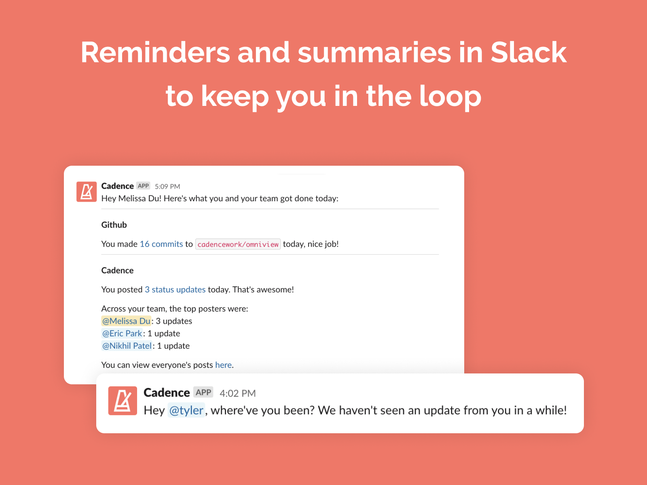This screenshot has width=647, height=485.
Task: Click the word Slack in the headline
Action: point(528,53)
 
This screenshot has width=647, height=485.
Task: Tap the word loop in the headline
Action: point(450,95)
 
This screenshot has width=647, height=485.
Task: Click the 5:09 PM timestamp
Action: point(167,186)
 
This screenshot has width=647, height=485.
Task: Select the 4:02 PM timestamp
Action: point(238,393)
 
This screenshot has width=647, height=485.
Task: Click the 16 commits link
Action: point(161,244)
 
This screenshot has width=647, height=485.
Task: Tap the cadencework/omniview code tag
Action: point(238,244)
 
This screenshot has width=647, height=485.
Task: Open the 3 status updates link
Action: point(175,289)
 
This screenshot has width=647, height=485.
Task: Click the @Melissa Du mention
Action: point(126,321)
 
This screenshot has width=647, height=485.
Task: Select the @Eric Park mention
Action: point(122,333)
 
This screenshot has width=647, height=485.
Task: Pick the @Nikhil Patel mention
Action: point(127,346)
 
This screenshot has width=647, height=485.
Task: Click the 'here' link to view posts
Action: point(223,365)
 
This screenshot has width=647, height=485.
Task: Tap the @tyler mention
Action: point(186,410)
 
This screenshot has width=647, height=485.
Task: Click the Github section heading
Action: point(114,225)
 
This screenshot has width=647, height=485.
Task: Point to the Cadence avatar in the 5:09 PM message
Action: point(87,192)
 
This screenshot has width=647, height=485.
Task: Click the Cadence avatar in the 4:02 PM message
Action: point(123,401)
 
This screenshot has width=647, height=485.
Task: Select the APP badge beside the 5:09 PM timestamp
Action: point(143,186)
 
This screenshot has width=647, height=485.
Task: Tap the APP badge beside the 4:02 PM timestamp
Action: point(203,392)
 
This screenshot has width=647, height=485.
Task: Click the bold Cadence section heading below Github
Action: point(117,270)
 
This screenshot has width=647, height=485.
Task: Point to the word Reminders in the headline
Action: point(155,53)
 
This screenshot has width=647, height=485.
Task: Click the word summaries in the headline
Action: point(374,53)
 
